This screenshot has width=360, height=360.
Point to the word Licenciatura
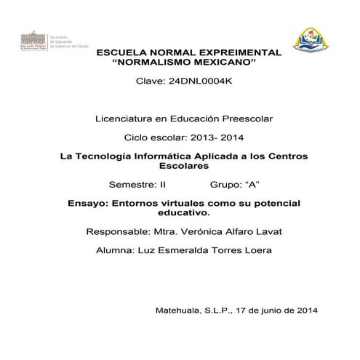pos(123,118)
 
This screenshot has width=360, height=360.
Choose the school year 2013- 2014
pos(215,137)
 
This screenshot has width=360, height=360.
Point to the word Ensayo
pos(84,204)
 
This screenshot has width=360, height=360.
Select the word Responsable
pos(116,232)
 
